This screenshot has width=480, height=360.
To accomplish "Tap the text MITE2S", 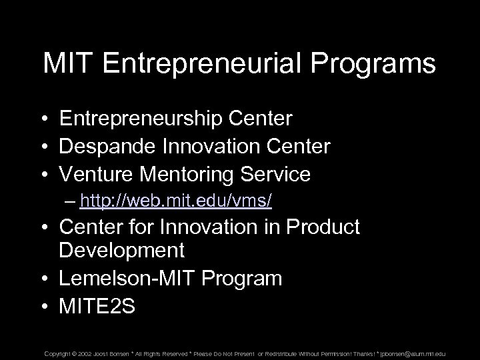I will point(97,306).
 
